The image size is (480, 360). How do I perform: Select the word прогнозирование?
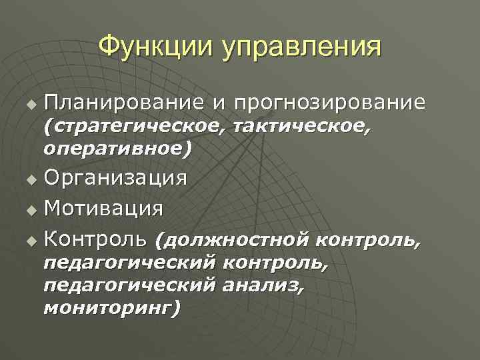(330, 103)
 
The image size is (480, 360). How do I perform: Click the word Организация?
(115, 178)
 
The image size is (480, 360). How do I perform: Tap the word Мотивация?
(103, 208)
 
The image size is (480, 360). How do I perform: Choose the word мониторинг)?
(111, 308)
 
